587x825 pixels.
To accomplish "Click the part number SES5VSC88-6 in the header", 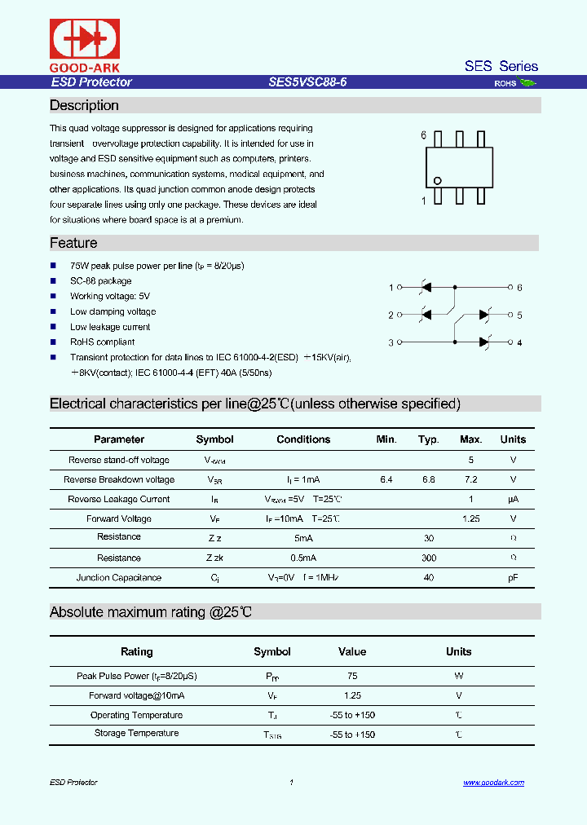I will coord(307,82).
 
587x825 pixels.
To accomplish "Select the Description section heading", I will coord(84,105).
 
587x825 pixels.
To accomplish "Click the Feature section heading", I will coord(73,243).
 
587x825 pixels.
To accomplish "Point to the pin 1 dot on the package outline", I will coord(438,181).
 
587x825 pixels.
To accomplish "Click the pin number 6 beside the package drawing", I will coord(423,135).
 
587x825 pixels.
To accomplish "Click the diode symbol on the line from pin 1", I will coord(425,288).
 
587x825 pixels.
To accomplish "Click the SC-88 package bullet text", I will coord(100,281).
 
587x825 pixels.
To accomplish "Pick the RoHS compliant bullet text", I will coord(102,342).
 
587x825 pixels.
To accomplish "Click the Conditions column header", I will coord(303,439).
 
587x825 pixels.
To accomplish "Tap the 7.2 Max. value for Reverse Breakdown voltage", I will coord(470,480).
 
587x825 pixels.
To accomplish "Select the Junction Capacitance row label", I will coord(119,578).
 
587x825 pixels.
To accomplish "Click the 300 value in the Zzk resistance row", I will coord(429,558).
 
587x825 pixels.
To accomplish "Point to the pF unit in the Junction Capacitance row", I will coord(513,578).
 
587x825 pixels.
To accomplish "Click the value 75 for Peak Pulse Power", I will coord(352,676).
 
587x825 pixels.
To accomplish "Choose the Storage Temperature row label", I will coord(136,734).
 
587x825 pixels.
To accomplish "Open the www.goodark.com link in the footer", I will coord(493,783).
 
